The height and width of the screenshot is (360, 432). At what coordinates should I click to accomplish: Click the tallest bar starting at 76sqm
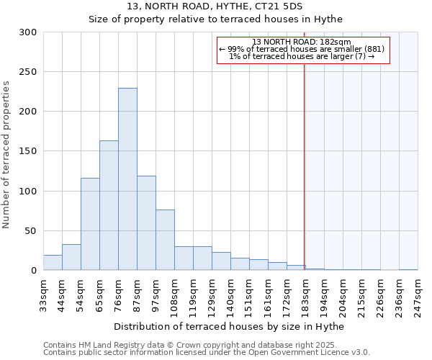[x=127, y=179]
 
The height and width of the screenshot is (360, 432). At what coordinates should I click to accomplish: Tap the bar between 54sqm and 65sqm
[x=90, y=224]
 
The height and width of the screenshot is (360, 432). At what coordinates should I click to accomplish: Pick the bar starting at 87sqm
[x=146, y=223]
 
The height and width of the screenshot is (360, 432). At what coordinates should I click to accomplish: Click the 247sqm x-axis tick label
[x=418, y=294]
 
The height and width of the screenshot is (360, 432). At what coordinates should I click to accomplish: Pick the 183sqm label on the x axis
[x=305, y=294]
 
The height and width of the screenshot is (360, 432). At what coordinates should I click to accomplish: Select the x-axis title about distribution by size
[x=229, y=327]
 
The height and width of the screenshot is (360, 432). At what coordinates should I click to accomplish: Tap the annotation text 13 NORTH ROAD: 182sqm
[x=302, y=42]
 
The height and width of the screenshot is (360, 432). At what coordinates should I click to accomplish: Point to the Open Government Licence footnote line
[x=206, y=352]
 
